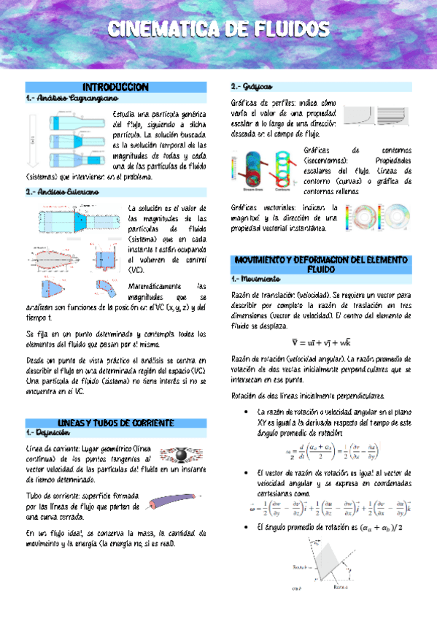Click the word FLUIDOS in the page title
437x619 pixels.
(285, 29)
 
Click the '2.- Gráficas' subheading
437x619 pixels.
(252, 86)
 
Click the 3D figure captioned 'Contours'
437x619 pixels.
(277, 167)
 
